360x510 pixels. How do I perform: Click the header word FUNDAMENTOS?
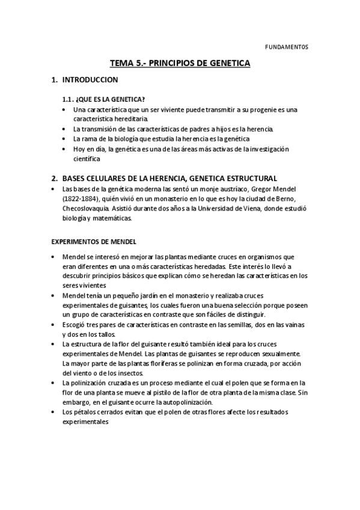click(287, 46)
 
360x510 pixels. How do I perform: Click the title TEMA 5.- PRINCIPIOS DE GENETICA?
click(180, 63)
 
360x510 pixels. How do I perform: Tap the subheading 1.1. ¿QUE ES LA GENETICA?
click(103, 99)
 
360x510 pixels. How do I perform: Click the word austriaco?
click(230, 189)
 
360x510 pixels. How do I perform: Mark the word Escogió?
click(74, 325)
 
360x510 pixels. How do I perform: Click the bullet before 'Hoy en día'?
click(65, 149)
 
